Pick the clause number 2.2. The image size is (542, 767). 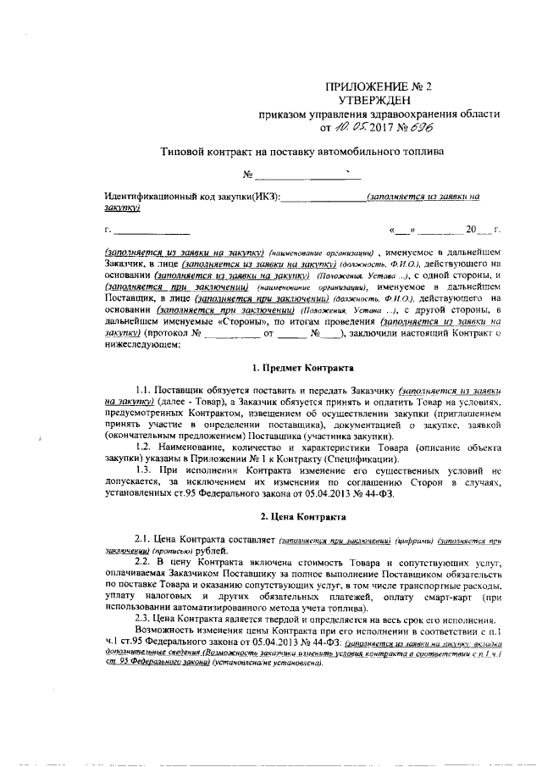(144, 563)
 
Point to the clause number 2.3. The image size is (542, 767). (144, 620)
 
